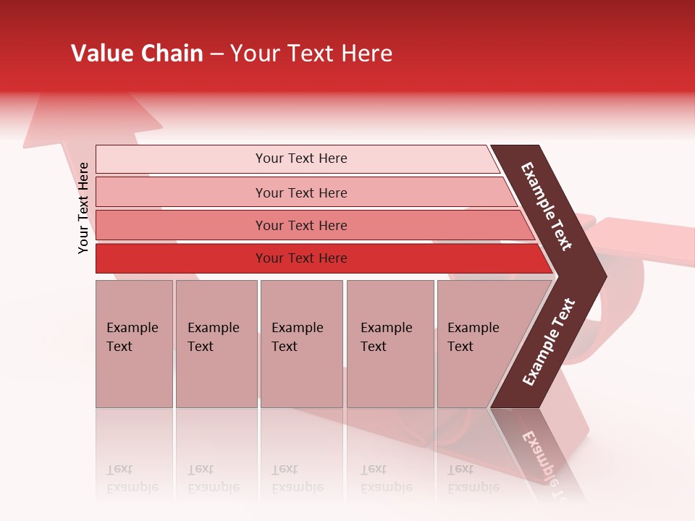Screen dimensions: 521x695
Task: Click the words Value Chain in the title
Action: pyautogui.click(x=137, y=54)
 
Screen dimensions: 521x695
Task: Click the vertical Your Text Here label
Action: pyautogui.click(x=84, y=208)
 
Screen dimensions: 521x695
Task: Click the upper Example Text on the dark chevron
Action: pyautogui.click(x=547, y=206)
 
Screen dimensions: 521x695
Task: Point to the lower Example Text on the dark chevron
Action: pyautogui.click(x=549, y=342)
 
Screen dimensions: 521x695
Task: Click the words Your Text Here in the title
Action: pyautogui.click(x=311, y=54)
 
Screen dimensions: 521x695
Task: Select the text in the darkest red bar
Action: pyautogui.click(x=301, y=258)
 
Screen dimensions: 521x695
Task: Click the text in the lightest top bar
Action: pyautogui.click(x=301, y=158)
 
